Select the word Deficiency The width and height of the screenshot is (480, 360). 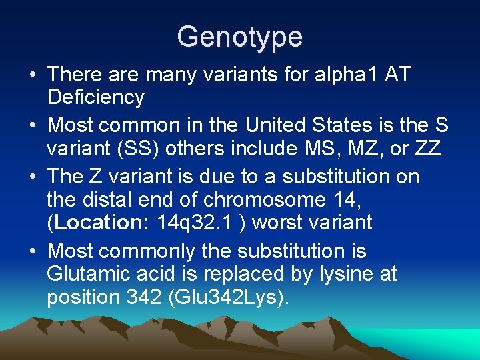tap(95, 97)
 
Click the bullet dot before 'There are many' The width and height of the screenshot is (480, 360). tap(33, 75)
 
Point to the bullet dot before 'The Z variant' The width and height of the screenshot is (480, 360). tap(33, 177)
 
